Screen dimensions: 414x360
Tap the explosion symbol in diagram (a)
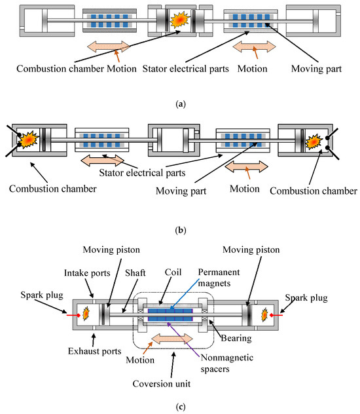179,20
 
